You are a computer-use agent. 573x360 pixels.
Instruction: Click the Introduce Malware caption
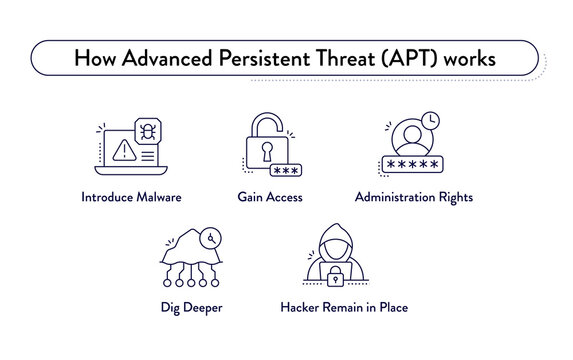131,198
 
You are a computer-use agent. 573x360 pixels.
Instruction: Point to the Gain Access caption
270,198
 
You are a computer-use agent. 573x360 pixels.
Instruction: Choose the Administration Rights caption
413,198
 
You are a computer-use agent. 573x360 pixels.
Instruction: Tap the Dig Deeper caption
191,307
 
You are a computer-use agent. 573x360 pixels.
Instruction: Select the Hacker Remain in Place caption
344,307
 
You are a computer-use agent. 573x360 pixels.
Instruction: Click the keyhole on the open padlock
267,153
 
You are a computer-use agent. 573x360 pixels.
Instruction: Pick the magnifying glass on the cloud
210,239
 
